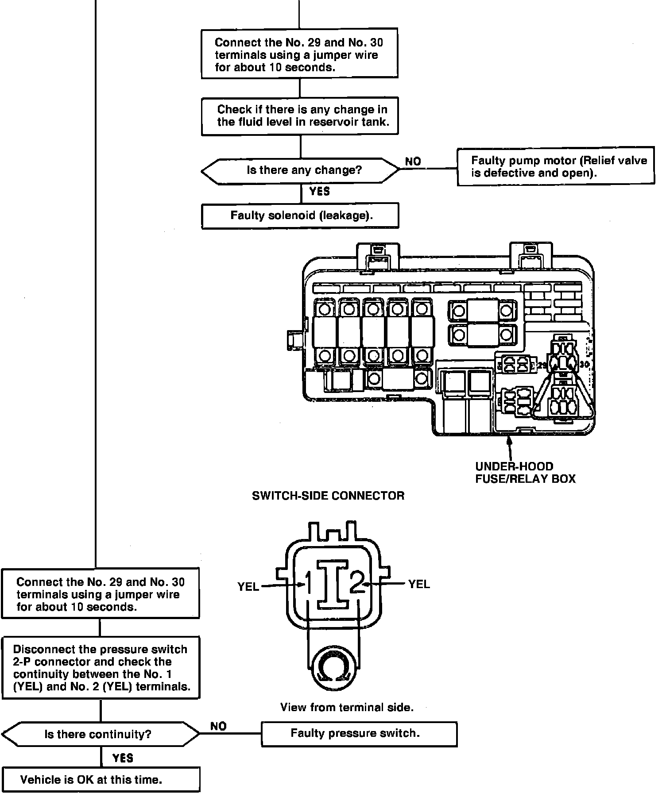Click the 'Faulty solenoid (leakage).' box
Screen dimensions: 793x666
300,216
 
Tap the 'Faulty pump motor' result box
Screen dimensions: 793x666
555,166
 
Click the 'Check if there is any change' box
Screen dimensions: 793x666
300,116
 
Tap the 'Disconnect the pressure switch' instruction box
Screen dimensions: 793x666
101,668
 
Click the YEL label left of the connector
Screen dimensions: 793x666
248,587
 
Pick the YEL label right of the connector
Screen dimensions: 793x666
419,584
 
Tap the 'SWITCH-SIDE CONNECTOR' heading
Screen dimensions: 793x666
328,496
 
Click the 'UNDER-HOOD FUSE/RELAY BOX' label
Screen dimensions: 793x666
525,473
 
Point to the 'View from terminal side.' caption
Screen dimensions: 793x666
347,707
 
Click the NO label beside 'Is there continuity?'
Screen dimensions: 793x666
218,726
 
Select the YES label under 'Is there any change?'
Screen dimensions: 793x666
319,191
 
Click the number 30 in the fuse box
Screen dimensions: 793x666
585,365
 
